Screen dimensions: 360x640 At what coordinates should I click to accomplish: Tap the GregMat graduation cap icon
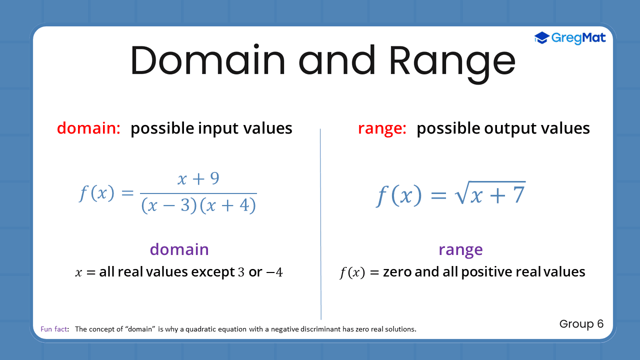point(541,38)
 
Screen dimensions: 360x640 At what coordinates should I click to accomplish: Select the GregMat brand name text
point(579,38)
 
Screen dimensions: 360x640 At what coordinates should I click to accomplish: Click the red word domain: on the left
point(88,128)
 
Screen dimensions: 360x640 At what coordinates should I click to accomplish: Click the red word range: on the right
point(382,128)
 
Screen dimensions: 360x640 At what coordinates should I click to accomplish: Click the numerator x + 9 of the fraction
point(198,179)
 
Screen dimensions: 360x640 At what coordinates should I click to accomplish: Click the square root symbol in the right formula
point(460,193)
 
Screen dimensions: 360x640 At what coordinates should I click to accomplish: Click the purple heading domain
point(179,249)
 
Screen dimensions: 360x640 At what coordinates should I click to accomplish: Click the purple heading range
point(460,249)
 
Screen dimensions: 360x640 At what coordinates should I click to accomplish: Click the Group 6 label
point(581,324)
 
